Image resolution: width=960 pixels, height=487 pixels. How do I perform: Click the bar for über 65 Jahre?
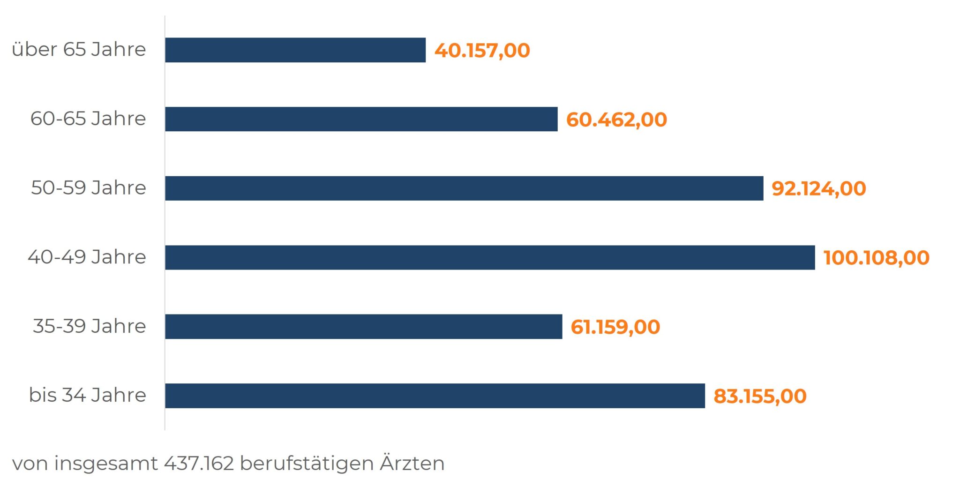[x=295, y=50]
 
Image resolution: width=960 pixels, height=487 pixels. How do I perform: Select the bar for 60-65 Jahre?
[x=361, y=119]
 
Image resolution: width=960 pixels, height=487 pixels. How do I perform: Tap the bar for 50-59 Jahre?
[x=464, y=188]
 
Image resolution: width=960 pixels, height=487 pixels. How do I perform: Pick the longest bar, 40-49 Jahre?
[x=490, y=257]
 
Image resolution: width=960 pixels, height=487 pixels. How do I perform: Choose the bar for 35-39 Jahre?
[x=363, y=327]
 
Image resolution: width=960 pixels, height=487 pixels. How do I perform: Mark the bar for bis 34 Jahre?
[x=435, y=396]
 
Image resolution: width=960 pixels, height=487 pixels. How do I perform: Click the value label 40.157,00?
[x=482, y=51]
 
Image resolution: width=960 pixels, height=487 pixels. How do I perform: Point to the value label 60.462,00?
[x=616, y=120]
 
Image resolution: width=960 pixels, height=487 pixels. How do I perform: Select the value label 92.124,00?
[x=818, y=188]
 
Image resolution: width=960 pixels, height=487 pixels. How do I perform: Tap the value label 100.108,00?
[x=876, y=258]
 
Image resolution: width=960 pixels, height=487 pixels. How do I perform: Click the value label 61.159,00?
[x=615, y=327]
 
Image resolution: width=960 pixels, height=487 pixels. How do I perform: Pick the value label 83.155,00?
[x=760, y=396]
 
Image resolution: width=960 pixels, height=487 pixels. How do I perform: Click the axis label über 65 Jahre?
[x=79, y=49]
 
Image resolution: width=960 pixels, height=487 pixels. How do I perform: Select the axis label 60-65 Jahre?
[x=88, y=119]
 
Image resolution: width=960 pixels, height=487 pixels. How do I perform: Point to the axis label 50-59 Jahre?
[x=89, y=187]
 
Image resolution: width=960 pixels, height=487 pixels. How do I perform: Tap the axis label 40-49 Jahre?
[x=87, y=257]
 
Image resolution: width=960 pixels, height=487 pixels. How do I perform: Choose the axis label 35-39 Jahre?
[x=90, y=326]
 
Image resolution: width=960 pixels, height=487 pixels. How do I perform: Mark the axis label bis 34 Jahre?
[x=88, y=395]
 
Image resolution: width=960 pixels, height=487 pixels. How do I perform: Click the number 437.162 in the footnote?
[x=199, y=463]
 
